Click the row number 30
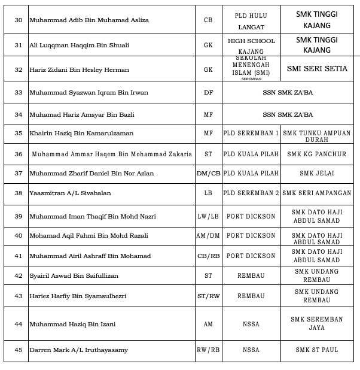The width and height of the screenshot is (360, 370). click(18, 20)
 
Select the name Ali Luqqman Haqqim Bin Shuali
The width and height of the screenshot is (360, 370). click(79, 45)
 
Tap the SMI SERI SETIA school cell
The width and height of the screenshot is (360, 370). click(317, 69)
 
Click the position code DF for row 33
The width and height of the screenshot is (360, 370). click(208, 93)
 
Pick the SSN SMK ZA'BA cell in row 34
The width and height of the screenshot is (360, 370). click(288, 114)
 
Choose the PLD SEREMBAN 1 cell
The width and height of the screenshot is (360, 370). click(251, 134)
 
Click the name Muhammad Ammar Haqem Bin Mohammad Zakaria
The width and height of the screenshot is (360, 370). click(112, 154)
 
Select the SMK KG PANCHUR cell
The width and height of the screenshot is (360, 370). click(317, 154)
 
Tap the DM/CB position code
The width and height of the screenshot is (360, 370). click(208, 174)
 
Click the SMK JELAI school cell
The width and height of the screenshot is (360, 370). click(317, 174)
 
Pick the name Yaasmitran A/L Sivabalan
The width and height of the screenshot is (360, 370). click(70, 193)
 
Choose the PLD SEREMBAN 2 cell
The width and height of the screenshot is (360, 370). click(251, 193)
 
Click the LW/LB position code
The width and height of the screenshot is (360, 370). click(208, 216)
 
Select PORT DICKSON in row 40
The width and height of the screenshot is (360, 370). click(251, 236)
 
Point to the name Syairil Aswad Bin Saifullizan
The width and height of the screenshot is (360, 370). click(74, 275)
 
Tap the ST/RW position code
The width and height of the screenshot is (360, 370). click(208, 296)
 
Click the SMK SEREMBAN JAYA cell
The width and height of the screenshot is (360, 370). click(317, 323)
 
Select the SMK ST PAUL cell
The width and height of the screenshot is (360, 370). click(317, 350)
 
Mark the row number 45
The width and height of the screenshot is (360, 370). click(18, 350)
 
